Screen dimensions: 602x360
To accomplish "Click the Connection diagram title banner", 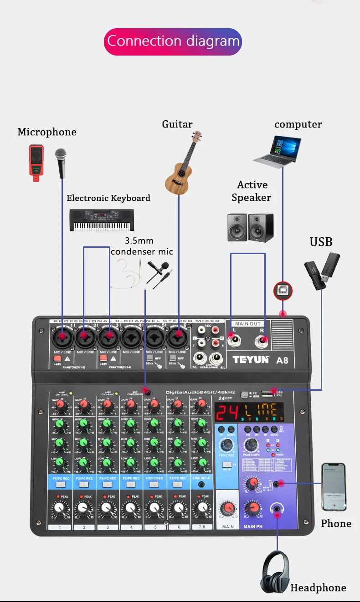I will [173, 41].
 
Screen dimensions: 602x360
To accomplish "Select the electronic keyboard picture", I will [102, 220].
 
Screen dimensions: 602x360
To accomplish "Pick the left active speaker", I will [237, 227].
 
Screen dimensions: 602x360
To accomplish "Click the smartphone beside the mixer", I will [334, 486].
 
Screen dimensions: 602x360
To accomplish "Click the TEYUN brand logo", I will [251, 359].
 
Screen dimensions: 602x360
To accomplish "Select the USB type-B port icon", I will [283, 291].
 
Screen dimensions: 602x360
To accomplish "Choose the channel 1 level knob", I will [59, 508].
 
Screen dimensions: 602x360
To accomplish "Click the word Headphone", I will [318, 588].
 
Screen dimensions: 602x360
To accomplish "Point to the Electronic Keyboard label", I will [108, 198].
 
